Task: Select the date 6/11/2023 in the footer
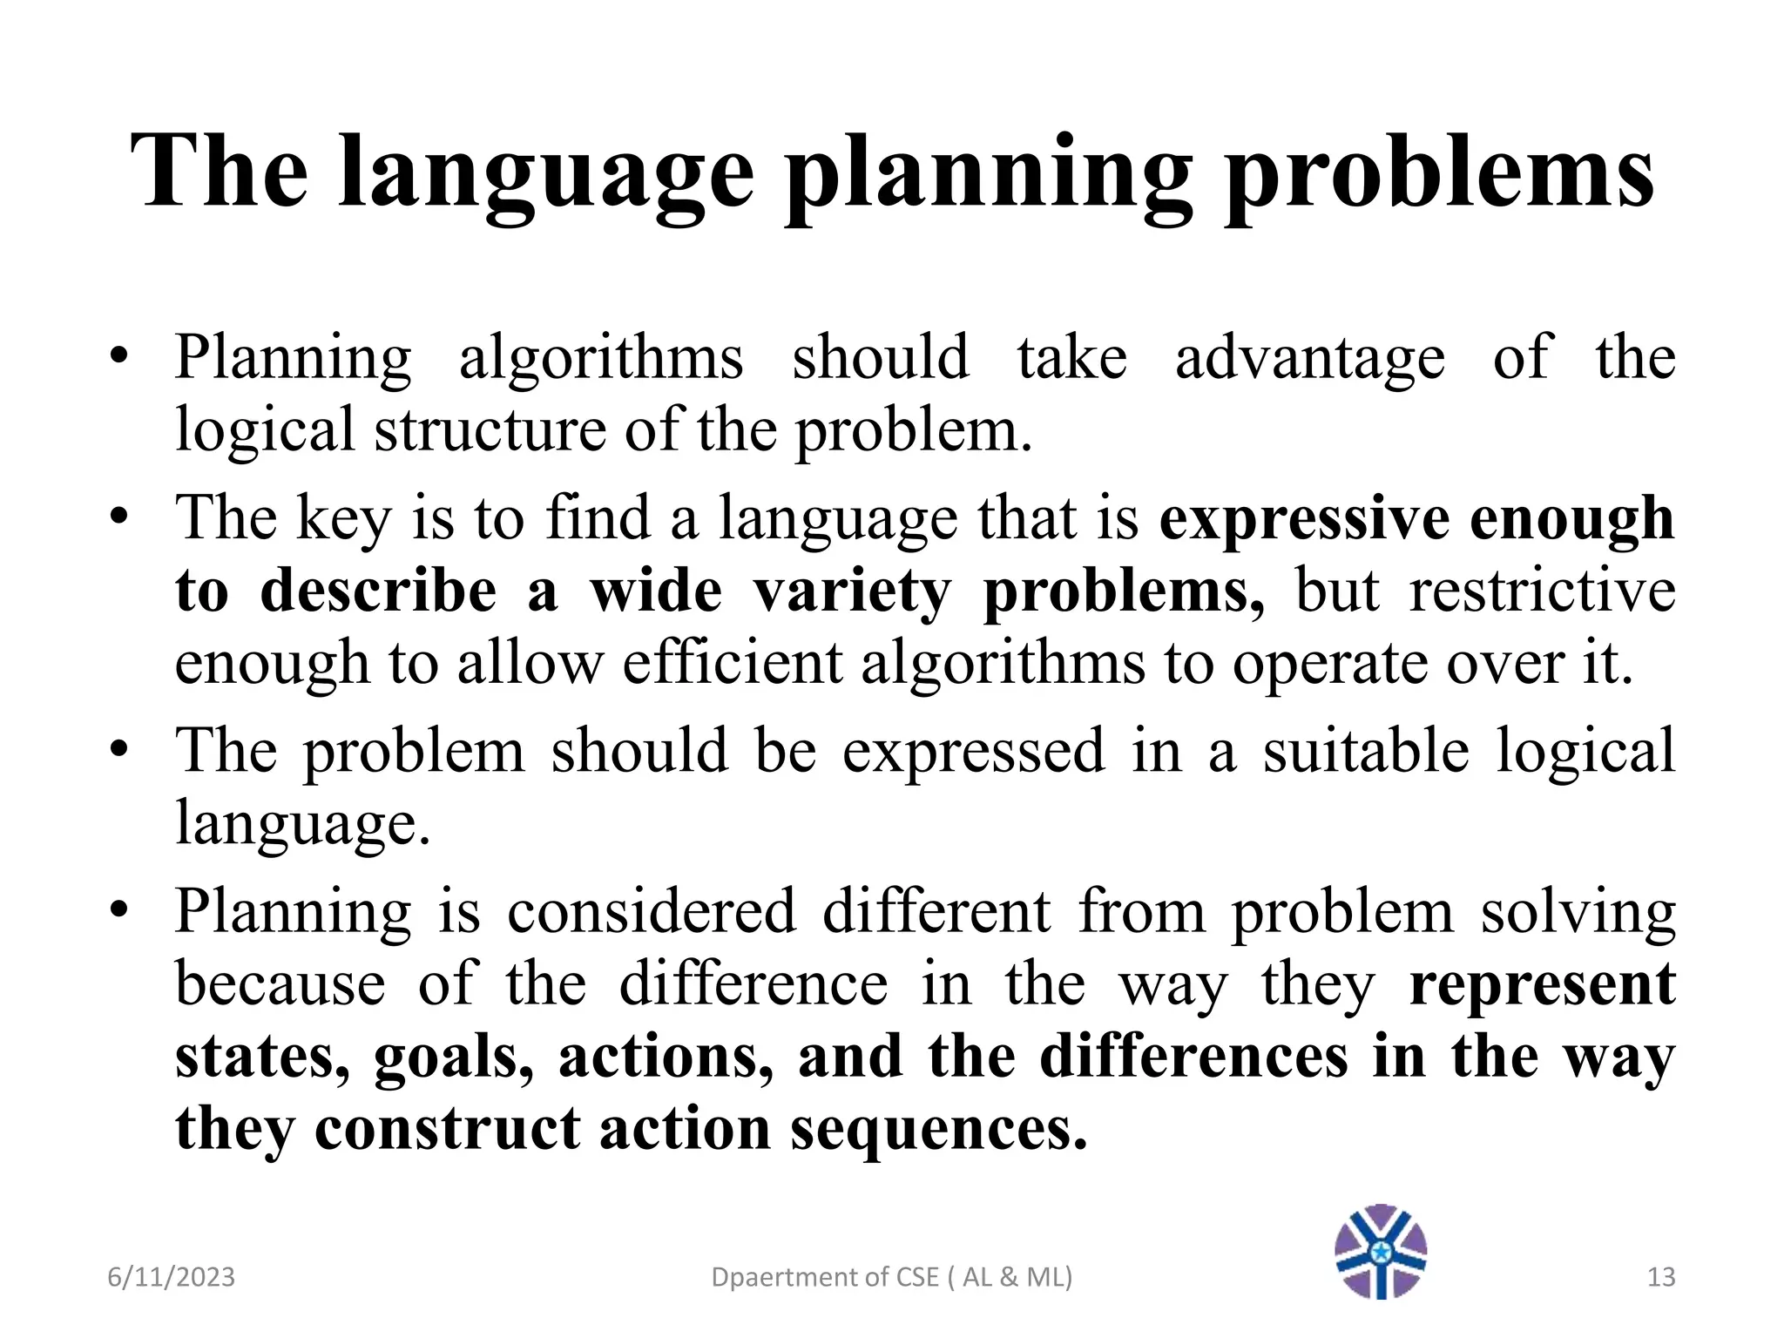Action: point(172,1277)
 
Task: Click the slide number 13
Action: point(1661,1277)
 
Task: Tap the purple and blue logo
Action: point(1381,1251)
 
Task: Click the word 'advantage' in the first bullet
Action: point(1309,357)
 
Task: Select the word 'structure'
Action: point(490,429)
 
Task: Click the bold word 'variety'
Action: point(851,591)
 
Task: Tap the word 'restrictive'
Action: point(1542,591)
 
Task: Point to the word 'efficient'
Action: point(733,664)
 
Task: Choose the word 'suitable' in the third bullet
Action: point(1366,751)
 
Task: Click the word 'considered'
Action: point(651,911)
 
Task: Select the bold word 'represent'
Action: point(1542,984)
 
